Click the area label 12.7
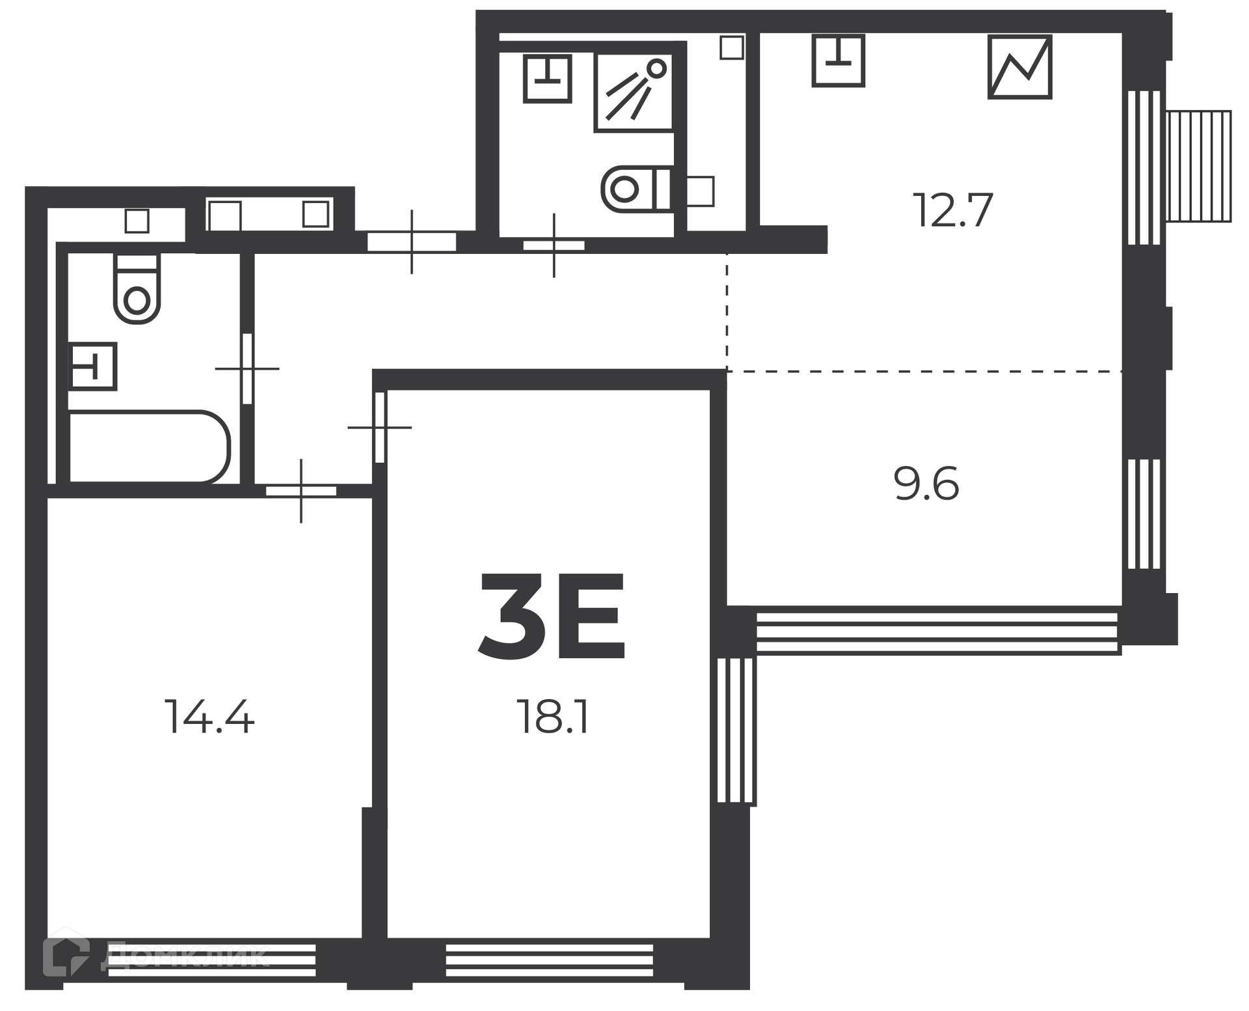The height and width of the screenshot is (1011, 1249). (953, 210)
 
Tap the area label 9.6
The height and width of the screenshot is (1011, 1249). (927, 484)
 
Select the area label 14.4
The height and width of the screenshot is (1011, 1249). (209, 716)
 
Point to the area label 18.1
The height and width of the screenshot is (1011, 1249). (552, 716)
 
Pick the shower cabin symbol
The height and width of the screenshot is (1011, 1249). (634, 92)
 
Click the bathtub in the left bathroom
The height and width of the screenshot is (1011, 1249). (149, 447)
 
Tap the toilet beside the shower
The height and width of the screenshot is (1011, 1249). (636, 189)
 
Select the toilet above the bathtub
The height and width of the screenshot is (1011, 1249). (137, 288)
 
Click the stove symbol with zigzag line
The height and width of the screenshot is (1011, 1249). (1020, 66)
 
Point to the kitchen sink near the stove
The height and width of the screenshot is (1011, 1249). (839, 61)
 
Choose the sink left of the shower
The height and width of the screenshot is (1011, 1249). (547, 78)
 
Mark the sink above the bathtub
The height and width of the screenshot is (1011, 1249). (93, 366)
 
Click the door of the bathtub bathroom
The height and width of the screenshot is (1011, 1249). (247, 368)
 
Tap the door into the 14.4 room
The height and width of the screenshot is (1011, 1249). (301, 491)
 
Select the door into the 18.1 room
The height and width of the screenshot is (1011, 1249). (380, 427)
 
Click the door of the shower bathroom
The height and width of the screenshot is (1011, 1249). (554, 245)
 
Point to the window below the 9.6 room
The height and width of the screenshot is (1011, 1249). (938, 631)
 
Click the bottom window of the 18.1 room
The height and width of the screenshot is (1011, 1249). (549, 960)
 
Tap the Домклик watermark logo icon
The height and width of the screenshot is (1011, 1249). (66, 957)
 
